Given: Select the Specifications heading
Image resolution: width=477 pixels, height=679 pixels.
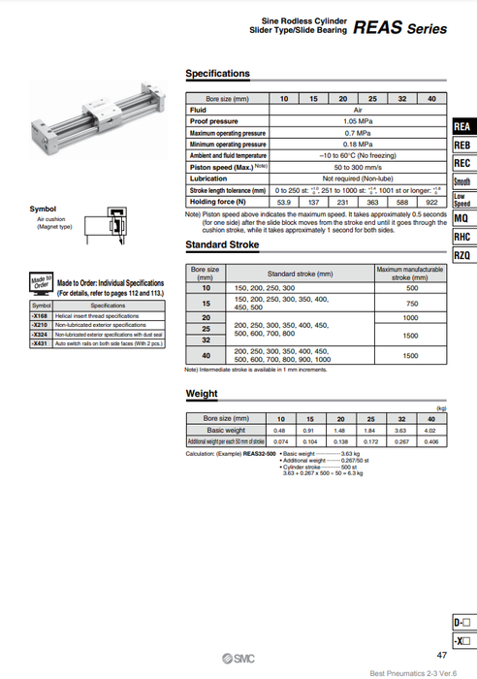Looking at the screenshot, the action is (217, 74).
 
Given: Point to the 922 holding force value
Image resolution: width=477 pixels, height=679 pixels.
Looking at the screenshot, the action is (431, 201).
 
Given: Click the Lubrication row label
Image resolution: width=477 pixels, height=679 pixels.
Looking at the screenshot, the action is (208, 178).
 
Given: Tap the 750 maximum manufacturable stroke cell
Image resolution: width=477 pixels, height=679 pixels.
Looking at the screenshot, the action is (411, 304).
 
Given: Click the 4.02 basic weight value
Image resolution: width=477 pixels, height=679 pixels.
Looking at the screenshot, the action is (430, 430).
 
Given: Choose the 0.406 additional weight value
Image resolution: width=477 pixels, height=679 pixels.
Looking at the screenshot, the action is (430, 441).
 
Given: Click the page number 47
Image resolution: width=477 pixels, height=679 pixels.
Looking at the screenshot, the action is (442, 656).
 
